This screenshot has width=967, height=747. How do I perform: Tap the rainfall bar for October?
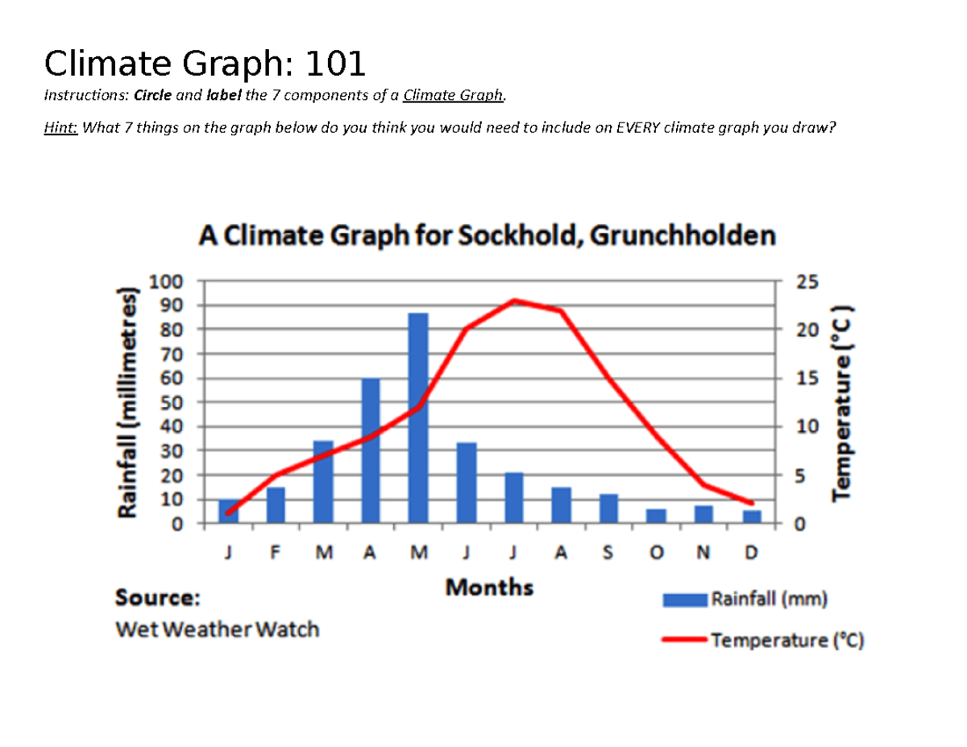tap(656, 516)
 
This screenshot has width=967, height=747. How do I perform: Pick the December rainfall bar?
tap(752, 517)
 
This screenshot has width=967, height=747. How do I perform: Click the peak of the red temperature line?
tap(514, 301)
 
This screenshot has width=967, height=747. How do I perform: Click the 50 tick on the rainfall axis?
tap(173, 402)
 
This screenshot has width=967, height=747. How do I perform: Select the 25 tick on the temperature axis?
tap(806, 281)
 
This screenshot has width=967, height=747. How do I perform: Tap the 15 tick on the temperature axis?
tap(806, 378)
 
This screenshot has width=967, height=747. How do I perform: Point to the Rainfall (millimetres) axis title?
tap(127, 402)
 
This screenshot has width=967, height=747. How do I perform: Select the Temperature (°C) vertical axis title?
tap(843, 402)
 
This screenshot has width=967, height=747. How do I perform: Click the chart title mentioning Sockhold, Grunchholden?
tap(488, 236)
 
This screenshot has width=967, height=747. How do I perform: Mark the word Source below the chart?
tap(158, 598)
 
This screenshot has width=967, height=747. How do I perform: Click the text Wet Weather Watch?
tap(217, 629)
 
